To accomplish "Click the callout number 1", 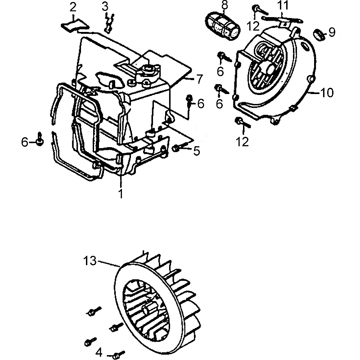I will [121, 194].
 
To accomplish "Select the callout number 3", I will [105, 6].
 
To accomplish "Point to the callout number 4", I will [99, 351].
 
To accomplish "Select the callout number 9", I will [332, 32].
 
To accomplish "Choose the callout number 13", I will [90, 261].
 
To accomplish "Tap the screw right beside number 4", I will [119, 353].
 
